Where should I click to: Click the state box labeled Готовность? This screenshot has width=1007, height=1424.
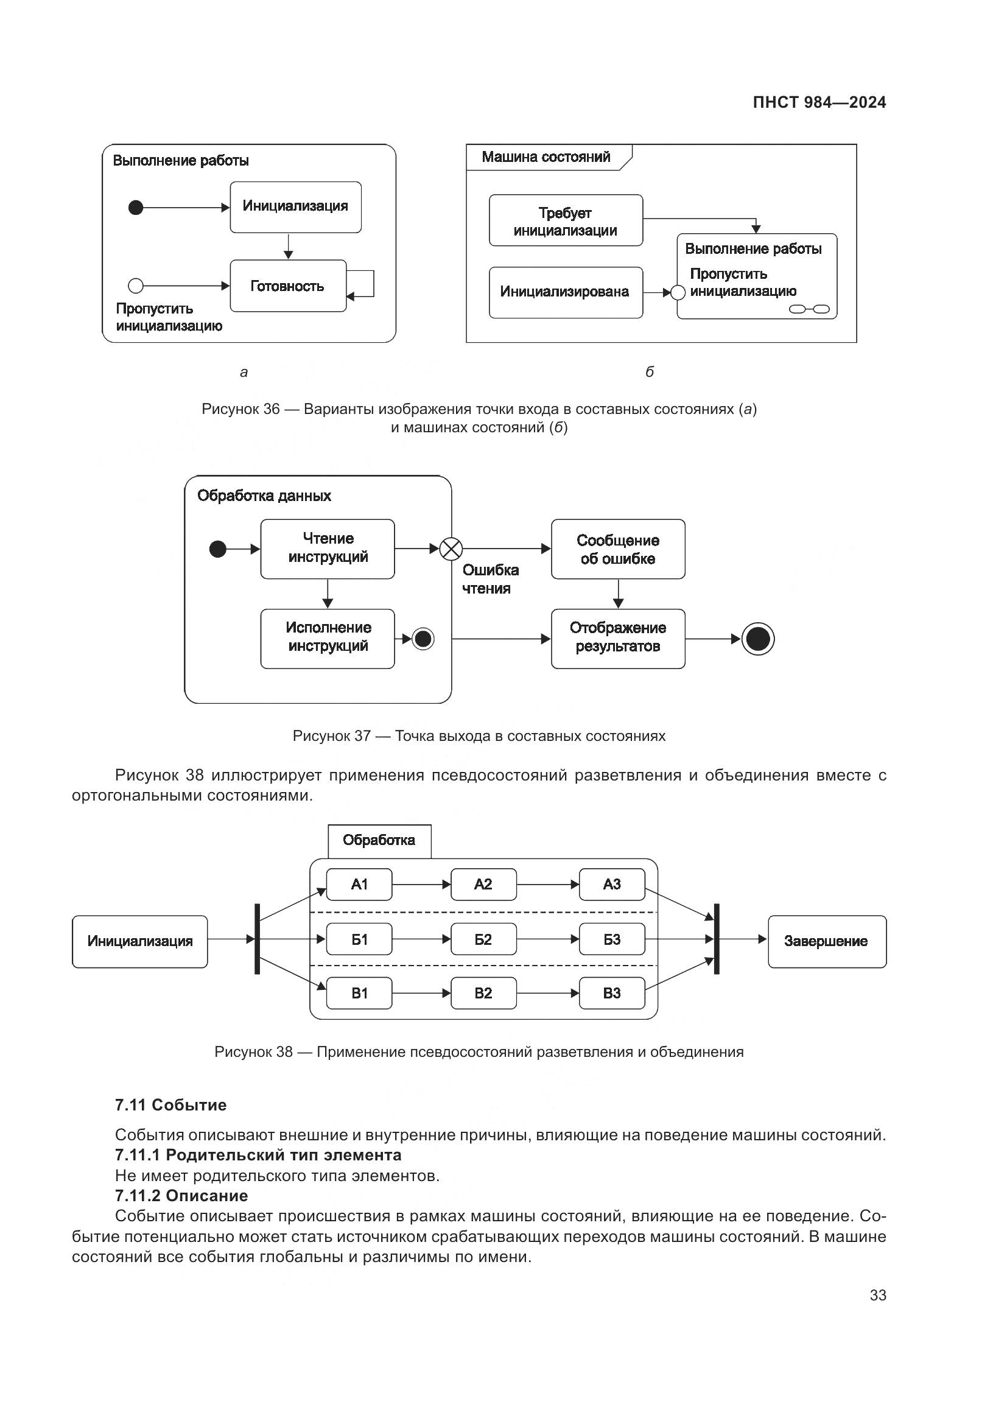(x=288, y=286)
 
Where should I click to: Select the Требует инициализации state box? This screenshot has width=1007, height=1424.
(x=566, y=221)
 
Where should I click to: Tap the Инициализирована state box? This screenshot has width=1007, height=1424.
(x=566, y=292)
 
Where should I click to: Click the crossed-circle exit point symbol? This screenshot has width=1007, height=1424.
(x=451, y=549)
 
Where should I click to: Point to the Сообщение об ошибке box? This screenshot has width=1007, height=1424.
(x=617, y=550)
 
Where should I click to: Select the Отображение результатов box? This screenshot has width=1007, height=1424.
(x=617, y=638)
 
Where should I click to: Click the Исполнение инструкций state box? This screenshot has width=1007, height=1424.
(x=328, y=638)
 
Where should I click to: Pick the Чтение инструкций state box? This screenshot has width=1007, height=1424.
(x=328, y=549)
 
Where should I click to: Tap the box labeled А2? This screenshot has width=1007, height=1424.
(x=483, y=885)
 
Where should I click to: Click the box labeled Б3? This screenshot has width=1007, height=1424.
(x=611, y=939)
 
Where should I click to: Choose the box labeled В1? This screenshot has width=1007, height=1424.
(x=359, y=993)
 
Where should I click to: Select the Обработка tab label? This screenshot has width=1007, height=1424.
(x=379, y=840)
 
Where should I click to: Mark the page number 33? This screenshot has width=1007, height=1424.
(x=877, y=1295)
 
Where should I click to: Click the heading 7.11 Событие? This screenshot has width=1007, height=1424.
(x=170, y=1104)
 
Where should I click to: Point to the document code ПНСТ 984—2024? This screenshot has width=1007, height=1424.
(x=819, y=102)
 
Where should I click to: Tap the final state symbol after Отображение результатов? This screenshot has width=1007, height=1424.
(x=758, y=639)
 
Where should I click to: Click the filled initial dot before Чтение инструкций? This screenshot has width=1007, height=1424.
(x=217, y=549)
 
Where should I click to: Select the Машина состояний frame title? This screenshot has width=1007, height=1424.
(x=546, y=157)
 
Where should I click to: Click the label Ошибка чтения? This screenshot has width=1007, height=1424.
(x=490, y=579)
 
